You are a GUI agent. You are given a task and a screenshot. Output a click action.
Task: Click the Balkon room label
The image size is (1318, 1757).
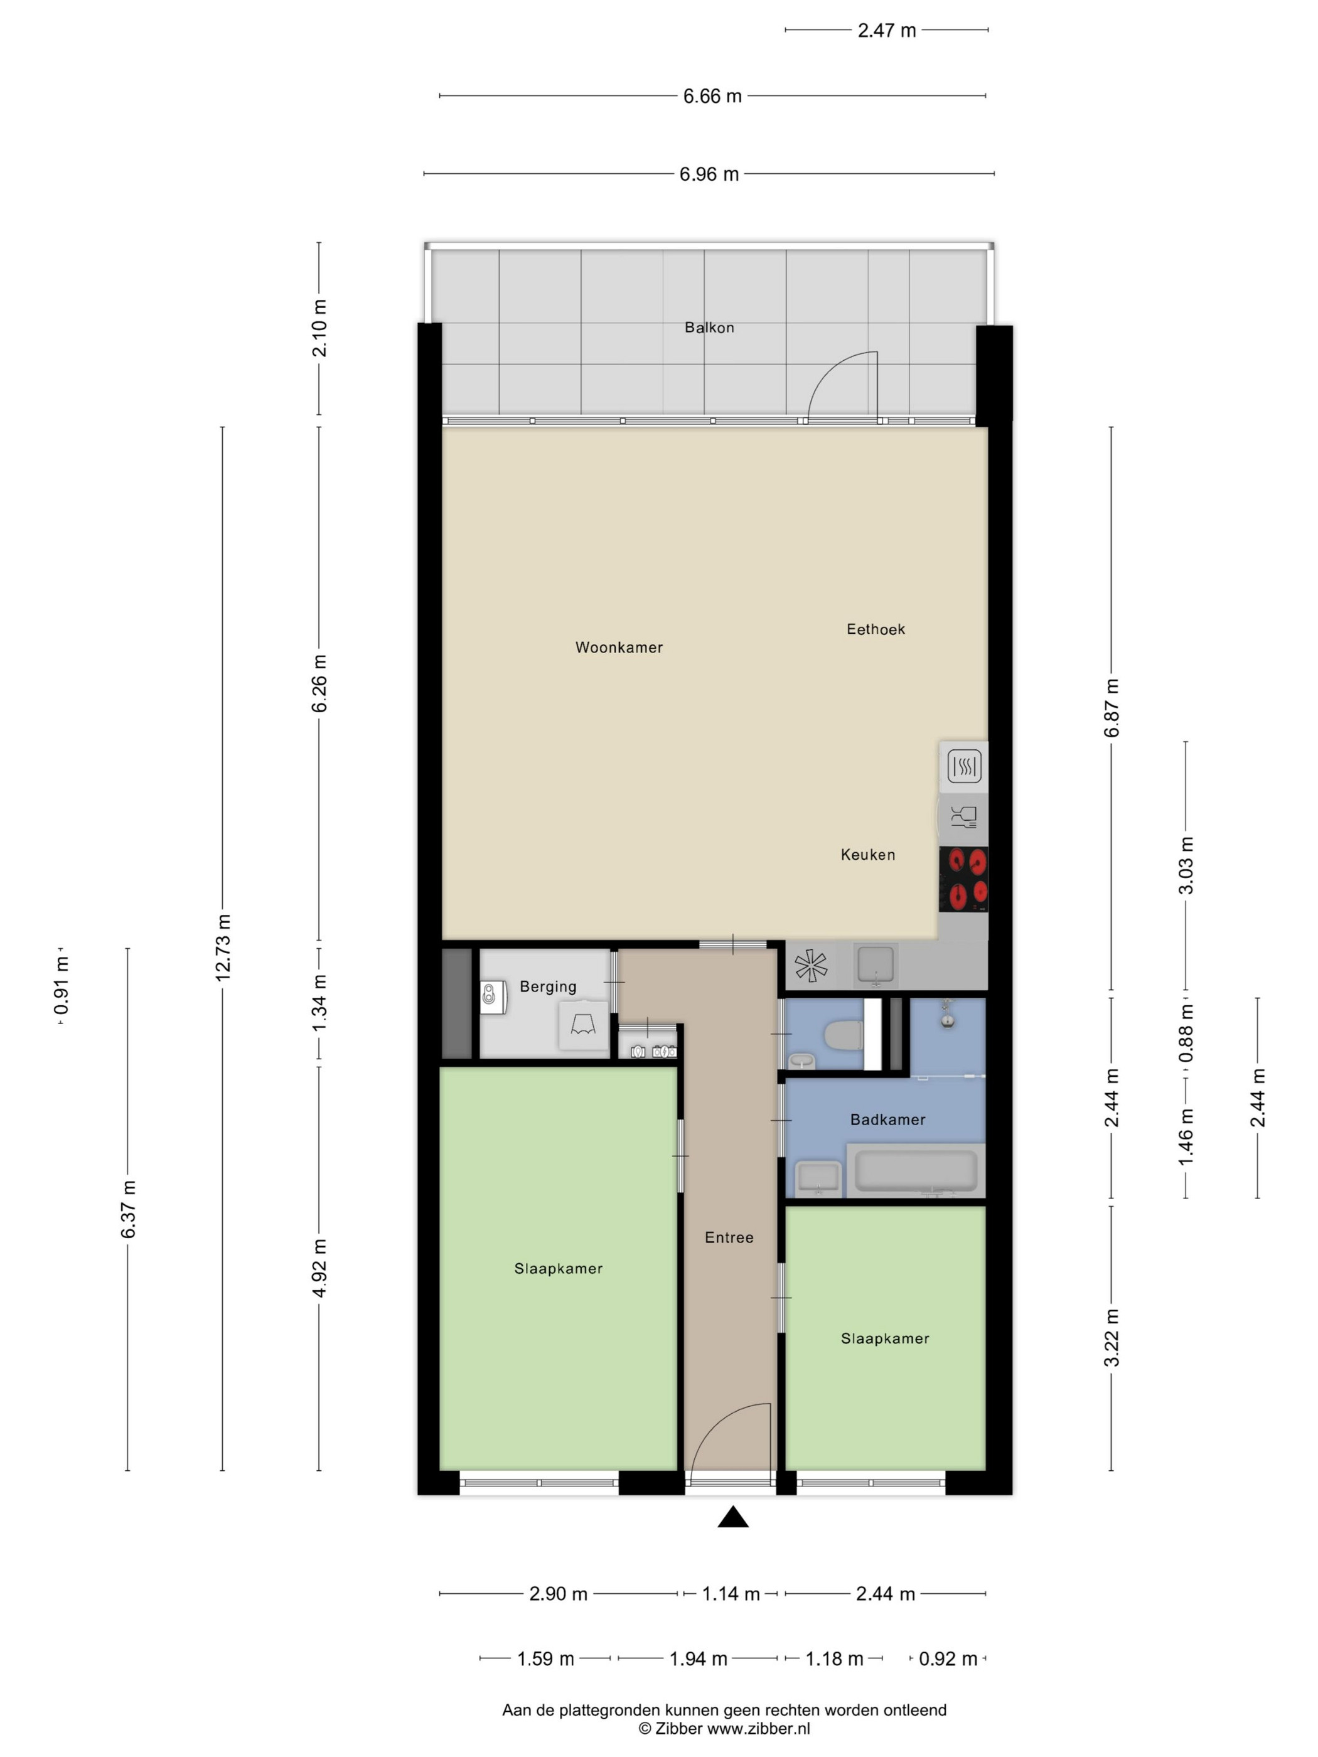pos(709,328)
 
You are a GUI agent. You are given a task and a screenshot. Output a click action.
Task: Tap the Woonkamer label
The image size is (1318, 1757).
pos(619,648)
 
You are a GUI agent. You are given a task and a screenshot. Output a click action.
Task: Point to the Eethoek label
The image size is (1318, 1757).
pos(876,629)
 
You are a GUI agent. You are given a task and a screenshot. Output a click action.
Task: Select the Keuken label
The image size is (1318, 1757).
pos(867,855)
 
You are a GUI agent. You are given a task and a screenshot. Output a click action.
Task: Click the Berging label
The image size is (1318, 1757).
pos(548,986)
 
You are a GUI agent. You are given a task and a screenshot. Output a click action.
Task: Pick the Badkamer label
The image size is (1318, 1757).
pos(887,1119)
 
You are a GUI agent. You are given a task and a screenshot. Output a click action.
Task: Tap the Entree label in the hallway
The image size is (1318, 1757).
pos(729,1237)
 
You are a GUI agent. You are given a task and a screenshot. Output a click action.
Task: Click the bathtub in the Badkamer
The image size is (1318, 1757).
pos(915,1171)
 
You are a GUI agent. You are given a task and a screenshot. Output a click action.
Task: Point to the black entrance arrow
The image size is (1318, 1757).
pos(733,1517)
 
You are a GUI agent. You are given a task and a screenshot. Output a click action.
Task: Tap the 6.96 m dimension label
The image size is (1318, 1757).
pos(709,174)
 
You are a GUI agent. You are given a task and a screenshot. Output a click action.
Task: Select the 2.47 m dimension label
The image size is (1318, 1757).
pos(887,31)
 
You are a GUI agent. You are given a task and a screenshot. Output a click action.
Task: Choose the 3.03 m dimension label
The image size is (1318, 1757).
pos(1186,865)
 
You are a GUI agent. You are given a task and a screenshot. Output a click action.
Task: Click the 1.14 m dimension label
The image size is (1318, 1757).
pos(731,1593)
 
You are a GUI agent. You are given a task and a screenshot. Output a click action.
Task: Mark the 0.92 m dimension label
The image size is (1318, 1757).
pos(948,1658)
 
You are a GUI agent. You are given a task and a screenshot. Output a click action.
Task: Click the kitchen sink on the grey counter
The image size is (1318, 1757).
pos(876,965)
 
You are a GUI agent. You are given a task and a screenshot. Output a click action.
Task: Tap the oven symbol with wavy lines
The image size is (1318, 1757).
pos(963,767)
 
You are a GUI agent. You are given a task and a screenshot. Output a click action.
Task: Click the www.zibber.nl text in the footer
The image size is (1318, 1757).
pos(759,1728)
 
